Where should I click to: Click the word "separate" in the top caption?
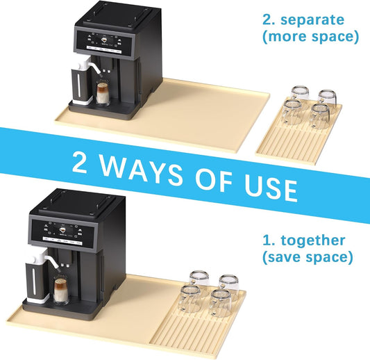pos(312,20)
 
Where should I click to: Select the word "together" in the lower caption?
pos(313,240)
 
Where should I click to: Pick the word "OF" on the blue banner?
pos(214,179)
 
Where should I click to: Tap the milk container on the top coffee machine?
pos(81,83)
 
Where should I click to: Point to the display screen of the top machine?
pos(104,40)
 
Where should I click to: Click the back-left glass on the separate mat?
pos(300,94)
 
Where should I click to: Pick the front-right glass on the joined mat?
pos(220,303)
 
